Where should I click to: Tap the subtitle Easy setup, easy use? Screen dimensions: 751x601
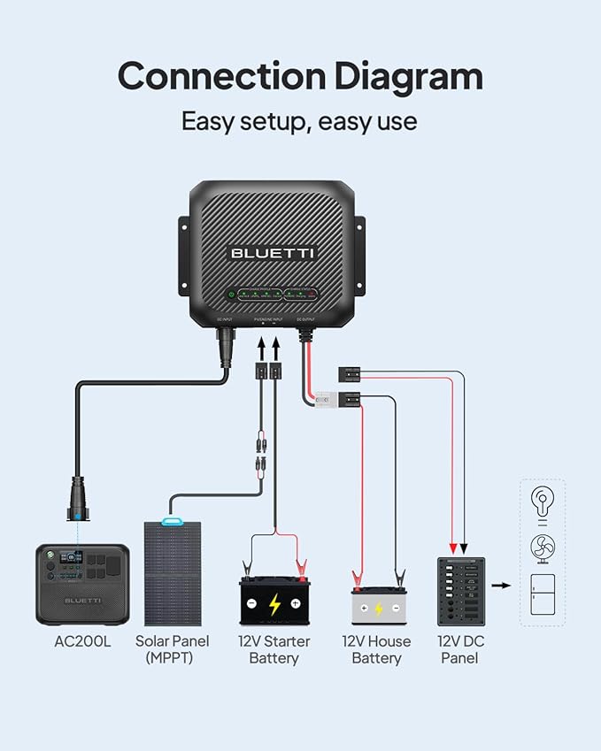(x=299, y=120)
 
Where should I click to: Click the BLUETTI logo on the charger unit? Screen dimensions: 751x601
(x=273, y=253)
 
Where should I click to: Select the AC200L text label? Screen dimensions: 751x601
(x=82, y=641)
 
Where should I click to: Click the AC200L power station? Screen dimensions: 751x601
(x=82, y=584)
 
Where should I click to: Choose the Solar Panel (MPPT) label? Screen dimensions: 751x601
(x=173, y=649)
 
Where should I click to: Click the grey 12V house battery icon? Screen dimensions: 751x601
(x=377, y=607)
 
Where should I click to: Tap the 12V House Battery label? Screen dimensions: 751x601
(x=377, y=649)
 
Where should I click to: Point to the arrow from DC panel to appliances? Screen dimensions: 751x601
(x=501, y=586)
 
